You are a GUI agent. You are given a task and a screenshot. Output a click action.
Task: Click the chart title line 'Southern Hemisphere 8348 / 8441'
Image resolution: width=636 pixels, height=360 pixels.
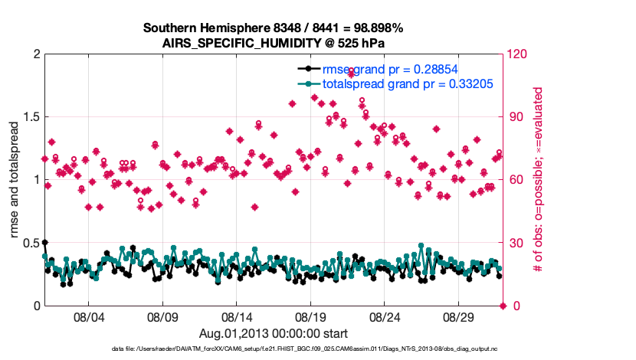pos(273,28)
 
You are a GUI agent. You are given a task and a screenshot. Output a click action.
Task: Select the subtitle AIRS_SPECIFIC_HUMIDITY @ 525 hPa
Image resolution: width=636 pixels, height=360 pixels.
pos(273,43)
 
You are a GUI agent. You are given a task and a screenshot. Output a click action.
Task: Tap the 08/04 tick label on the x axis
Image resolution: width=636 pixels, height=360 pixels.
pos(88,316)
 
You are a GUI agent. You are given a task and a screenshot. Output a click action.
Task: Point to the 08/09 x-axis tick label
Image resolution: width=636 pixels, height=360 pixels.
pos(162,316)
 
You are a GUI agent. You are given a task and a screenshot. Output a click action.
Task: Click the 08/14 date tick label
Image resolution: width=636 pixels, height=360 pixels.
pos(237,316)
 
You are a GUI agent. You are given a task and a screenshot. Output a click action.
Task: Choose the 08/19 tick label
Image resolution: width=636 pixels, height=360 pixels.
pos(310,316)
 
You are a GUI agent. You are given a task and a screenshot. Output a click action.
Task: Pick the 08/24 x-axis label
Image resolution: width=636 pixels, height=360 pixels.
pos(385,316)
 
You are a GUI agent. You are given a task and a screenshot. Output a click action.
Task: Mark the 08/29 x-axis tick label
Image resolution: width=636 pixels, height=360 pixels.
pos(459,316)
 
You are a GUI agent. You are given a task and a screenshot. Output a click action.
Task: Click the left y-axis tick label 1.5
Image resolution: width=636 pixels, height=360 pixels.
pos(30,117)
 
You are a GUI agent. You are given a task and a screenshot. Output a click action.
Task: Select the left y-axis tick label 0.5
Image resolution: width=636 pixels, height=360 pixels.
pos(30,243)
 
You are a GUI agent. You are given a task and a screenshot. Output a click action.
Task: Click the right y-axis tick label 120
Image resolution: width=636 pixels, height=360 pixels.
pos(517,54)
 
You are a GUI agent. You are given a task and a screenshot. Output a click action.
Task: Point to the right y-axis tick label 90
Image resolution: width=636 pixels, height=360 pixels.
pos(515,117)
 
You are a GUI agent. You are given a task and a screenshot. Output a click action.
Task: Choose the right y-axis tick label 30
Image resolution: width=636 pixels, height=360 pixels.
pos(515,243)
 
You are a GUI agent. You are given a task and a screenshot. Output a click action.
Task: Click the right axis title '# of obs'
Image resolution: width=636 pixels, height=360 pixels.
pos(539,180)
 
